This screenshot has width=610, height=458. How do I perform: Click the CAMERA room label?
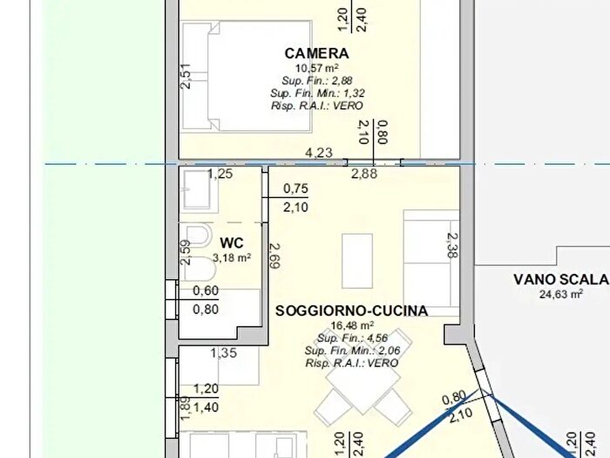pyautogui.click(x=316, y=53)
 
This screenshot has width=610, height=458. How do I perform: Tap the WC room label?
pyautogui.click(x=232, y=243)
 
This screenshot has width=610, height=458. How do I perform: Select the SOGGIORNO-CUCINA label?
pyautogui.click(x=352, y=311)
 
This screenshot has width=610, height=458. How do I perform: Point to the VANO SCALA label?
pyautogui.click(x=561, y=279)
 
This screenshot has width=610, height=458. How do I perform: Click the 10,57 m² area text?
pyautogui.click(x=316, y=68)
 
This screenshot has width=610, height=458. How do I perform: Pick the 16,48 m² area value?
pyautogui.click(x=352, y=325)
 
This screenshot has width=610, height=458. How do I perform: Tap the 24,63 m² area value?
pyautogui.click(x=561, y=294)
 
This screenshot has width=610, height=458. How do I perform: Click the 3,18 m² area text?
pyautogui.click(x=232, y=257)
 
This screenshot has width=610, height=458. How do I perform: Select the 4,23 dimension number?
pyautogui.click(x=319, y=153)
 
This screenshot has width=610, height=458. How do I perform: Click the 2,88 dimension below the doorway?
pyautogui.click(x=364, y=174)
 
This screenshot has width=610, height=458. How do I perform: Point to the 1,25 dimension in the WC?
pyautogui.click(x=220, y=174)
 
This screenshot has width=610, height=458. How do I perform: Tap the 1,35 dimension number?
pyautogui.click(x=223, y=352)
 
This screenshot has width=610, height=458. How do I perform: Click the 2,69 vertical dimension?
pyautogui.click(x=274, y=256)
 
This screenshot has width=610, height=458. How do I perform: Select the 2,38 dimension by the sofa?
pyautogui.click(x=452, y=245)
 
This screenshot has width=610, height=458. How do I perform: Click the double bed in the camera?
pyautogui.click(x=247, y=77)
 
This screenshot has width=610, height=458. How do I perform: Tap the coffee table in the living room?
pyautogui.click(x=357, y=261)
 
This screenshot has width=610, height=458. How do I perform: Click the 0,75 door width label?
pyautogui.click(x=295, y=188)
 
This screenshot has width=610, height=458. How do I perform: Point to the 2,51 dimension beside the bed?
pyautogui.click(x=186, y=76)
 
